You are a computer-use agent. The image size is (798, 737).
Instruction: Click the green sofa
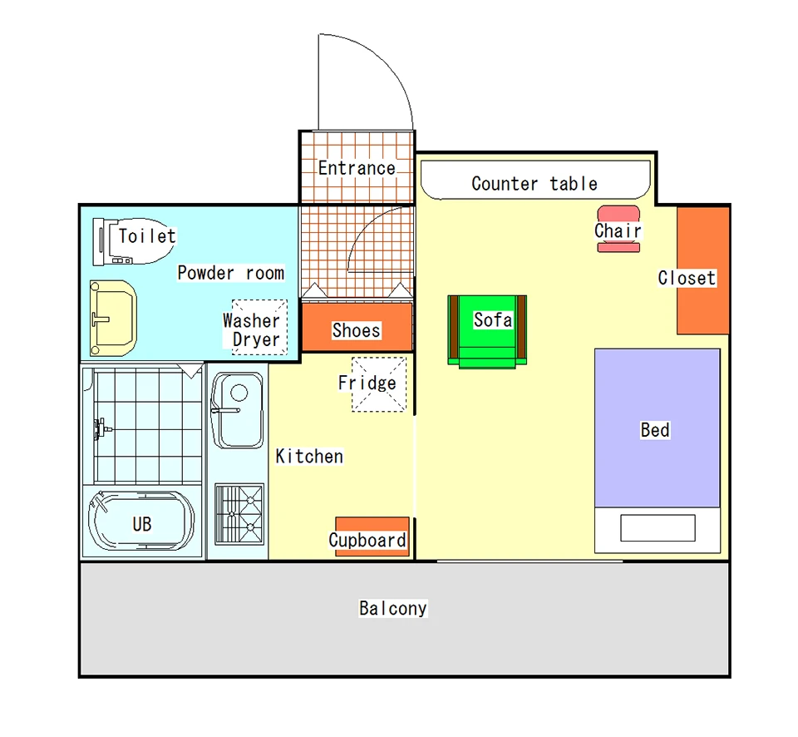(487, 332)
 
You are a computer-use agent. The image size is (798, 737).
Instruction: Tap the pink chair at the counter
(618, 229)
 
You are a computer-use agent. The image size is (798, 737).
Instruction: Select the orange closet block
(703, 270)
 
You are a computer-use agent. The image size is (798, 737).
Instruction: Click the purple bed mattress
(657, 428)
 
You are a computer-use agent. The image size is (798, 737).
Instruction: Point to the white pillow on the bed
(658, 527)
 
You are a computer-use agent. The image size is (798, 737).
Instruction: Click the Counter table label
(534, 183)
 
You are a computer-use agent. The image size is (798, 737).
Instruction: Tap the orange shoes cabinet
(357, 327)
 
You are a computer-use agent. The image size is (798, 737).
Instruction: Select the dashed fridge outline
(379, 384)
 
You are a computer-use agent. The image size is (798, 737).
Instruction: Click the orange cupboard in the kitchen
(372, 537)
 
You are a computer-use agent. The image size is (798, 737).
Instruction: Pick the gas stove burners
(239, 514)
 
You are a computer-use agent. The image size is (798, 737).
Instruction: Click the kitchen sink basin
(237, 410)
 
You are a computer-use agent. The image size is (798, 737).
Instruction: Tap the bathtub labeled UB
(141, 521)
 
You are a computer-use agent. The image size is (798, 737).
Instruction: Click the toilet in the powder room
(133, 241)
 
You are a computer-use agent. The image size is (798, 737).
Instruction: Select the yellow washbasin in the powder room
(112, 318)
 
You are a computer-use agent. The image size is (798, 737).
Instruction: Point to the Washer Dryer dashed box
(259, 327)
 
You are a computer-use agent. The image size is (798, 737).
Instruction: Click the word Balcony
(393, 608)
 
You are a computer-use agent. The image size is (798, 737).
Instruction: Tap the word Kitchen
(309, 456)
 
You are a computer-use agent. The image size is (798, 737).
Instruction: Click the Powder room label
(230, 273)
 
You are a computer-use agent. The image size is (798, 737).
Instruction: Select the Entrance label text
(357, 167)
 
